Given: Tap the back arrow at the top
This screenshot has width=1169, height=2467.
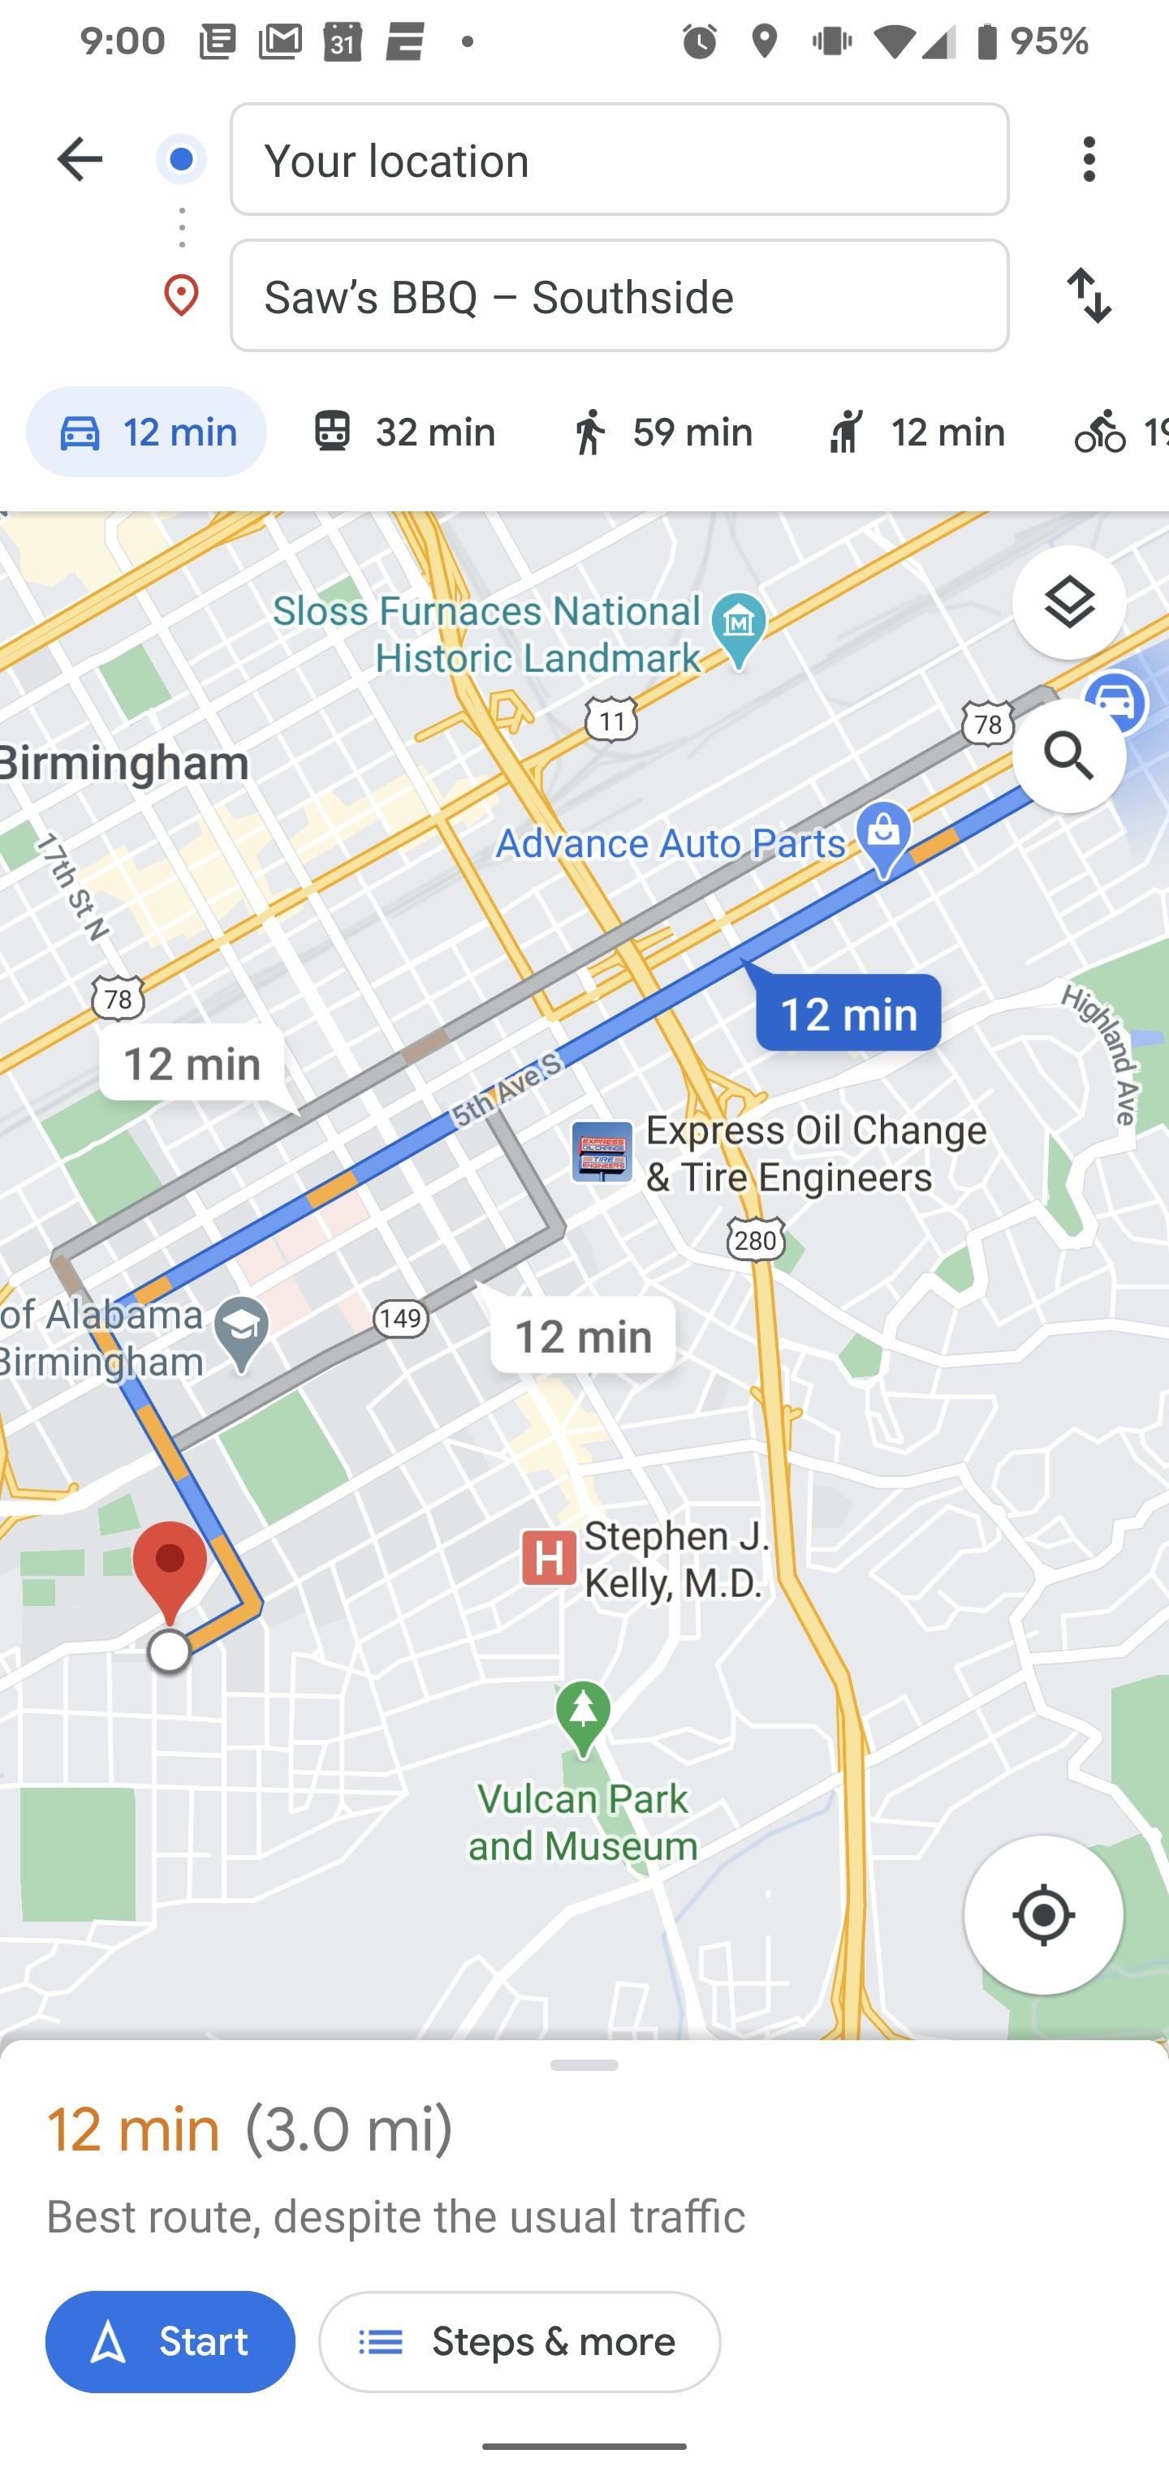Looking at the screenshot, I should click(79, 159).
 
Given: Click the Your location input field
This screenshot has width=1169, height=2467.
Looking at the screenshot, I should click(619, 160).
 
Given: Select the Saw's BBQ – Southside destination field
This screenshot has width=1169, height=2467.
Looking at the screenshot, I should click(619, 296).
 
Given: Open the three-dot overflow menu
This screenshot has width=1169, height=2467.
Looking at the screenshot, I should click(1089, 159).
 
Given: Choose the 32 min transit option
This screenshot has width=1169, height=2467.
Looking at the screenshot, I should click(404, 432).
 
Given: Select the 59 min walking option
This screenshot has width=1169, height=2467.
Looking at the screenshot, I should click(661, 432).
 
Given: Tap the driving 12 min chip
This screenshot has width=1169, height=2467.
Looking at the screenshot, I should click(147, 432).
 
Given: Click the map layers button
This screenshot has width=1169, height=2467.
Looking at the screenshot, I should click(1068, 602).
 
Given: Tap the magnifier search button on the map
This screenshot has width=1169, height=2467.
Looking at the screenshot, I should click(1068, 756).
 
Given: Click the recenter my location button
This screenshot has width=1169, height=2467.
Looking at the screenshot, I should click(1042, 1915).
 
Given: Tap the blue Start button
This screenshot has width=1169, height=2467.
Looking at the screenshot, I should click(170, 2341).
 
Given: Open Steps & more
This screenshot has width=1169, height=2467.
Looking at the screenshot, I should click(520, 2341).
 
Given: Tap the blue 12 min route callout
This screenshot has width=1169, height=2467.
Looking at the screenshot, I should click(848, 1014).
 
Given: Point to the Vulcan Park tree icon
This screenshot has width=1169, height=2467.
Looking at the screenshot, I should click(583, 1712).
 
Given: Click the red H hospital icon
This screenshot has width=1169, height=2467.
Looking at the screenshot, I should click(548, 1557).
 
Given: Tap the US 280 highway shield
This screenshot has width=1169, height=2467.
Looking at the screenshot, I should click(755, 1241).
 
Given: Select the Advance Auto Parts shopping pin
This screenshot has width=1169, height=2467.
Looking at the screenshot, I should click(883, 833).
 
